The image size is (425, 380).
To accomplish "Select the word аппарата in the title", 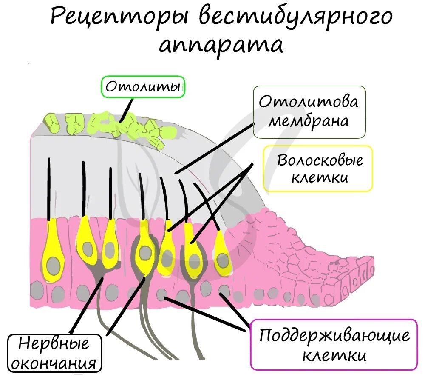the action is click(221, 45).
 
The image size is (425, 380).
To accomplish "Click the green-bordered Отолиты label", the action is click(144, 87).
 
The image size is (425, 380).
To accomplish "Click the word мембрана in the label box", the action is click(309, 122).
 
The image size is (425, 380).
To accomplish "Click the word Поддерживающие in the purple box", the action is click(335, 336).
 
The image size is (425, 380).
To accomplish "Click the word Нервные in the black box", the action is click(55, 344).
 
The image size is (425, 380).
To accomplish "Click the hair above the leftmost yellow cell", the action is click(49, 187).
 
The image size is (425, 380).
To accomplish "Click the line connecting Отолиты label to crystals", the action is click(127, 110).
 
